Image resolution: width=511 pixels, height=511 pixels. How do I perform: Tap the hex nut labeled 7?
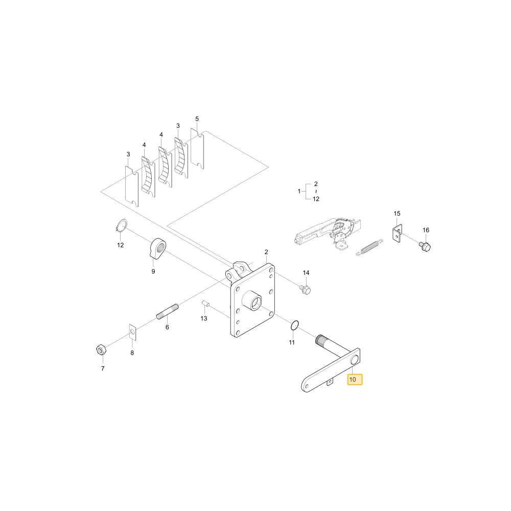coord(100,350)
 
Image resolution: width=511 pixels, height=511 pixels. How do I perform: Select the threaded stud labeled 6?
coord(168,312)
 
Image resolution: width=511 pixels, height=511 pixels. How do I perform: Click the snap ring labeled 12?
coord(122,225)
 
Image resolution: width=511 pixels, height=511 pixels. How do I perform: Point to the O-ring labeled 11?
coord(295,325)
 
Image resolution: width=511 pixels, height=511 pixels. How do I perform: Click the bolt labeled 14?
coord(306,289)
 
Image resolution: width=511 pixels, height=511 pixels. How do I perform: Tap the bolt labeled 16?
coord(425,246)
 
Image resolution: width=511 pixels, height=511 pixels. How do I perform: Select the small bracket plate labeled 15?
coord(397,234)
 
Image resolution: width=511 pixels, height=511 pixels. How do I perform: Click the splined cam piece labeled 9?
coord(158,248)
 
